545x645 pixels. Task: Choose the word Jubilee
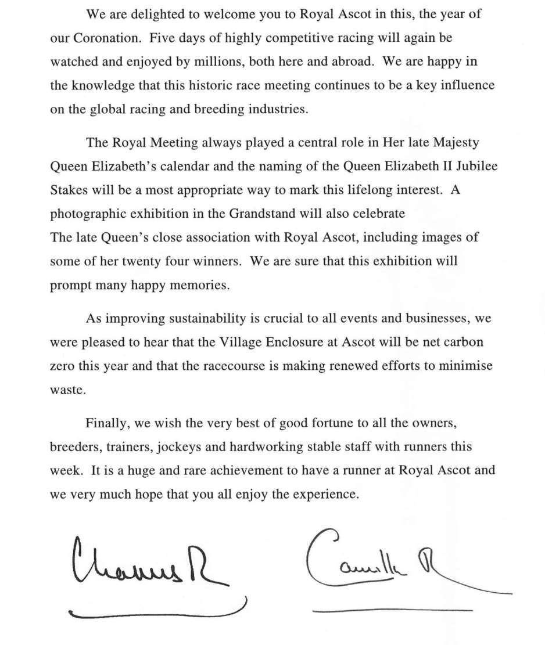[x=475, y=166]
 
